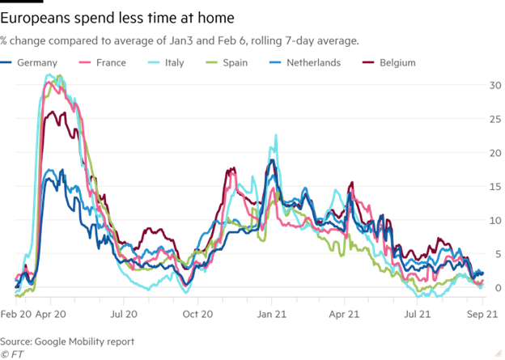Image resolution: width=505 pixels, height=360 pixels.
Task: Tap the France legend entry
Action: click(x=105, y=62)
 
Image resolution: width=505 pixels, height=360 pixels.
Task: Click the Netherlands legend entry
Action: click(x=308, y=62)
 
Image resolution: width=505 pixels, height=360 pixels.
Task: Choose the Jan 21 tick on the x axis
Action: click(x=271, y=311)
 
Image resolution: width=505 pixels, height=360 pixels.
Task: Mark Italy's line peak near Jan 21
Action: click(x=276, y=135)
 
